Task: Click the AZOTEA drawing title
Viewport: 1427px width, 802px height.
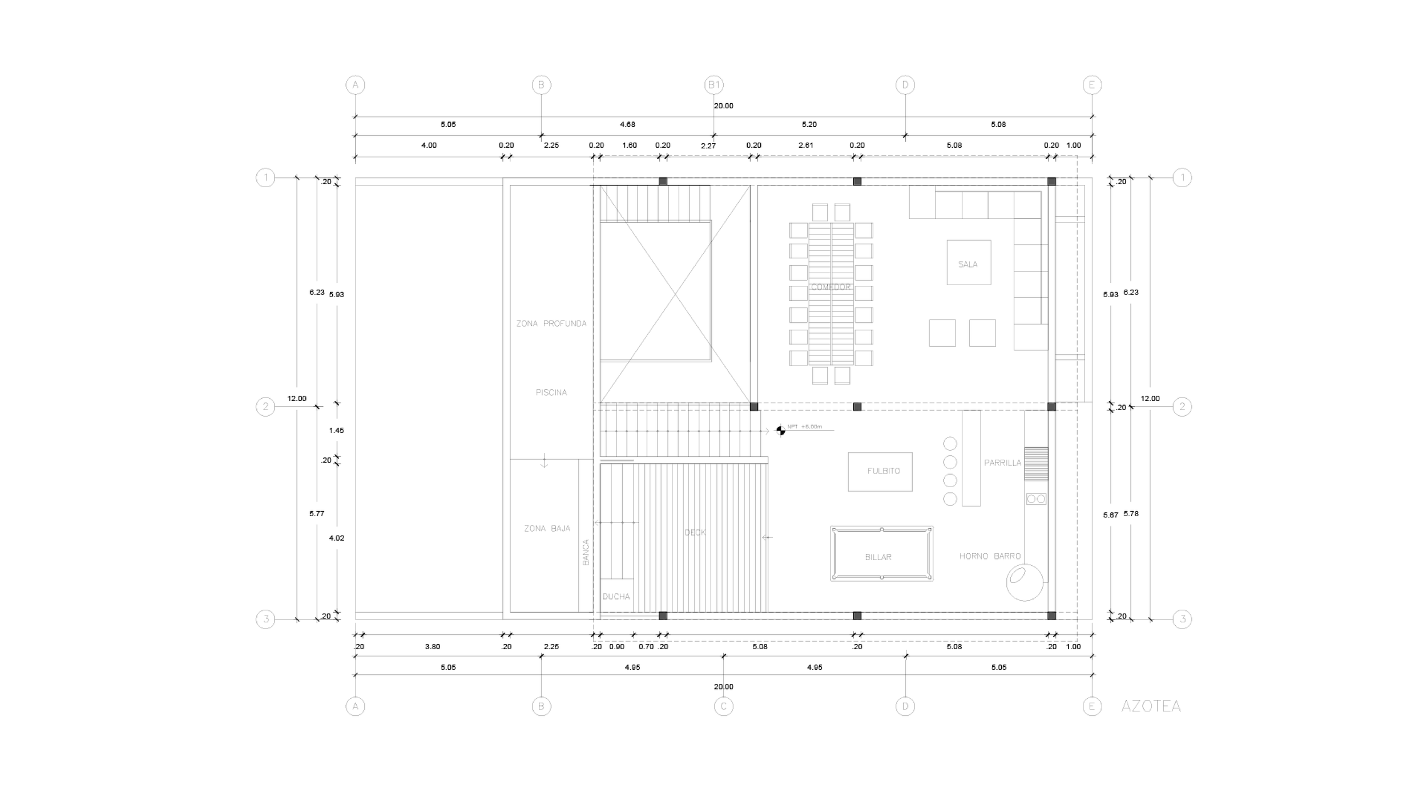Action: pyautogui.click(x=1150, y=706)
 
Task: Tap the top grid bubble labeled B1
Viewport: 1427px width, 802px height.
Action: pyautogui.click(x=713, y=85)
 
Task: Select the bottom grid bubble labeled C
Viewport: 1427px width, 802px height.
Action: pyautogui.click(x=723, y=707)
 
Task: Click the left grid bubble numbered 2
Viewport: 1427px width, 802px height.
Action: pyautogui.click(x=265, y=407)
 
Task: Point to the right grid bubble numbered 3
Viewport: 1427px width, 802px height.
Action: pyautogui.click(x=1182, y=619)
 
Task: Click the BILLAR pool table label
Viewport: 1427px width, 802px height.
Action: pyautogui.click(x=878, y=557)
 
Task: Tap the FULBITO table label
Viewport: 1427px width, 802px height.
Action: pyautogui.click(x=883, y=471)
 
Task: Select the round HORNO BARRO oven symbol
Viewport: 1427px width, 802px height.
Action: pyautogui.click(x=1024, y=582)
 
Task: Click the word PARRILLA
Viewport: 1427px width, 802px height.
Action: pyautogui.click(x=1002, y=463)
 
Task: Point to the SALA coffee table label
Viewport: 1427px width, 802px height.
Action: pyautogui.click(x=968, y=265)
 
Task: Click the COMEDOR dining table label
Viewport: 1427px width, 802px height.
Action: pyautogui.click(x=831, y=287)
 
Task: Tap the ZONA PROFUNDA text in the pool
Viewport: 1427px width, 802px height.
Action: pyautogui.click(x=551, y=323)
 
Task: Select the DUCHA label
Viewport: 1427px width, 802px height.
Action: pyautogui.click(x=616, y=597)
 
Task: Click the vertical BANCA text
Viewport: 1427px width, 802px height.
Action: pyautogui.click(x=586, y=552)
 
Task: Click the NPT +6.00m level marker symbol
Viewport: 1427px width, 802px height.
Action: pyautogui.click(x=780, y=431)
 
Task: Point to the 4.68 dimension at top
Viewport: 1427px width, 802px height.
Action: pyautogui.click(x=627, y=124)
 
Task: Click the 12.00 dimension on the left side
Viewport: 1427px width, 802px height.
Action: pyautogui.click(x=297, y=398)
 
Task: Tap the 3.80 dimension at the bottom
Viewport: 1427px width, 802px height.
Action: pyautogui.click(x=432, y=646)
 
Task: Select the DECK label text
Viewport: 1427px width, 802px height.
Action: pyautogui.click(x=695, y=533)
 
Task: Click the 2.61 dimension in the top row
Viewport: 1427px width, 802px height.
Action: pyautogui.click(x=805, y=145)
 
